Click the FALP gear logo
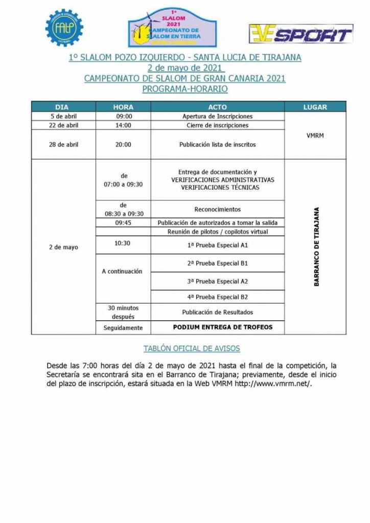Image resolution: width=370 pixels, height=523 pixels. [x=63, y=28]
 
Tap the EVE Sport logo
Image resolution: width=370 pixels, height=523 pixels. [x=301, y=34]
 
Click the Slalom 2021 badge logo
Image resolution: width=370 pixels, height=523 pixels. [x=172, y=29]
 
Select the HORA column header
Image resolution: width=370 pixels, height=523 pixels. [x=123, y=107]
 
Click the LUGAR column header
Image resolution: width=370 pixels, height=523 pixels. [x=315, y=107]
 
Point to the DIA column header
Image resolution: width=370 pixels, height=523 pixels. [x=64, y=107]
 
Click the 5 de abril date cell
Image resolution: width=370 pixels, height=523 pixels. [x=64, y=116]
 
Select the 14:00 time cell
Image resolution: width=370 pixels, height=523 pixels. [x=123, y=126]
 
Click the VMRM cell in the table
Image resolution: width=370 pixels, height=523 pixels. [x=315, y=135]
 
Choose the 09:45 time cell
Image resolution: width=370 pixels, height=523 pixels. [x=123, y=223]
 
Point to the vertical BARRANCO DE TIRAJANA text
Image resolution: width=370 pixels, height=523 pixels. [x=316, y=246]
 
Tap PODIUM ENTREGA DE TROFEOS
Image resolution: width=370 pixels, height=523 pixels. [x=223, y=327]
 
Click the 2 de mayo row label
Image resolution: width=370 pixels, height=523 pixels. [x=64, y=247]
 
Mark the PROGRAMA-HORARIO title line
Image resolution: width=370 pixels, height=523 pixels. [x=184, y=89]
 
